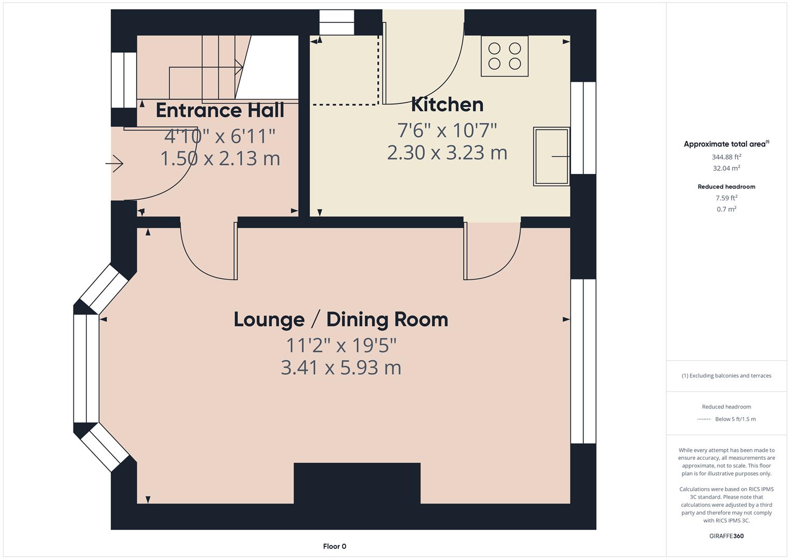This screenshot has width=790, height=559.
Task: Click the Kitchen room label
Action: point(447,105)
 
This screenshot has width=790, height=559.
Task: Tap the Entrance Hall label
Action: point(220,110)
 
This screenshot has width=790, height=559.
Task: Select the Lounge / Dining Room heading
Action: point(340,319)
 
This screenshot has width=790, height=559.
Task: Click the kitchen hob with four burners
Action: point(504,56)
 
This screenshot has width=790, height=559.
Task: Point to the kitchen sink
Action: point(551,156)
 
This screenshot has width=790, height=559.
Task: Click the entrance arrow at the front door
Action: point(114,165)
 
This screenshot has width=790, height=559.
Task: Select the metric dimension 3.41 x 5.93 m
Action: point(340,367)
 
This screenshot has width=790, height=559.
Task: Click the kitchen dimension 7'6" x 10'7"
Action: point(447,130)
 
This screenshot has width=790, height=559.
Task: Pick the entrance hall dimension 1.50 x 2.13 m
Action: point(220,158)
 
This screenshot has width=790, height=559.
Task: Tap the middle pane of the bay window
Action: point(86,369)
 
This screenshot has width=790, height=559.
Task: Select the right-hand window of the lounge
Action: point(583,361)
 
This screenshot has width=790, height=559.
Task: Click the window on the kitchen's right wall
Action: point(583,128)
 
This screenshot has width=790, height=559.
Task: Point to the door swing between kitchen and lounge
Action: point(491,252)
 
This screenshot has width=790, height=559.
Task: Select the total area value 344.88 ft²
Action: point(726,157)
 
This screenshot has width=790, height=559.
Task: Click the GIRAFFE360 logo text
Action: point(726,536)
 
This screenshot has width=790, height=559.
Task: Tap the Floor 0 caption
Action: point(334,546)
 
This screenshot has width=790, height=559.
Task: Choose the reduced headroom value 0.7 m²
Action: point(726,209)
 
